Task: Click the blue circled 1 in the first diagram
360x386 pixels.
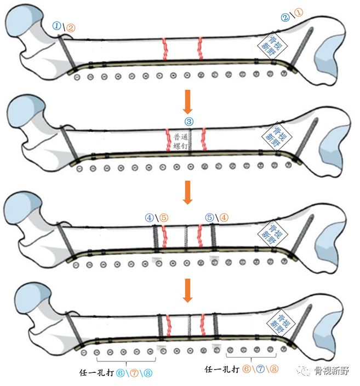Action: click(56, 26)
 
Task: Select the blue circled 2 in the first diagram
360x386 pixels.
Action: click(285, 18)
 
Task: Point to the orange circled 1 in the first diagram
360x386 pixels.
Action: click(299, 12)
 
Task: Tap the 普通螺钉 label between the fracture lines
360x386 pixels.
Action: click(180, 142)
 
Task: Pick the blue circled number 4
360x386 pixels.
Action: click(150, 217)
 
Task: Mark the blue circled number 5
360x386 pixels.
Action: click(209, 217)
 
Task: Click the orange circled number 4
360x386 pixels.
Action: click(225, 217)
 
